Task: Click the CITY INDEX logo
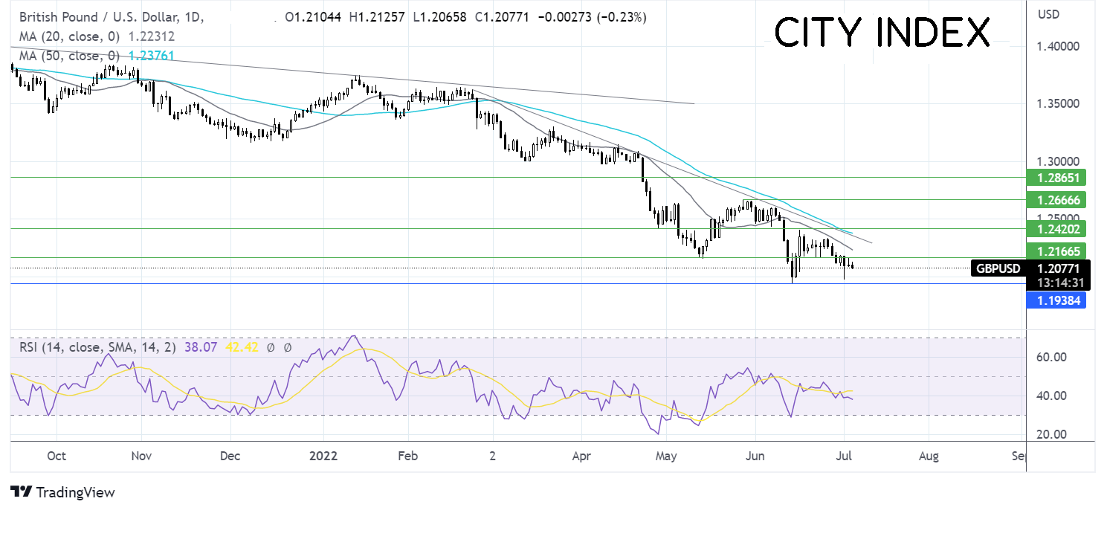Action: pyautogui.click(x=882, y=33)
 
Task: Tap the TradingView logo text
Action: pyautogui.click(x=62, y=492)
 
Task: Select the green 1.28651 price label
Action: pyautogui.click(x=1056, y=178)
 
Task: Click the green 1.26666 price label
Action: pyautogui.click(x=1056, y=200)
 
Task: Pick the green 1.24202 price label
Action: pyautogui.click(x=1056, y=229)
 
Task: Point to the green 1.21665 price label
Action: pyautogui.click(x=1056, y=251)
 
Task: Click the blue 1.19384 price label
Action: pyautogui.click(x=1056, y=300)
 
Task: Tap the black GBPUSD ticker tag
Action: pyautogui.click(x=998, y=268)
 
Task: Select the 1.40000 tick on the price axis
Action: pyautogui.click(x=1058, y=46)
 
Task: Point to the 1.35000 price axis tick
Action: pyautogui.click(x=1058, y=104)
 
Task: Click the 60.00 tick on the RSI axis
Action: pyautogui.click(x=1051, y=357)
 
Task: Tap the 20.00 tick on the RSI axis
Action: pyautogui.click(x=1051, y=435)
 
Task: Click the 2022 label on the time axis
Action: pyautogui.click(x=323, y=456)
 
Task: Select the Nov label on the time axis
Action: pyautogui.click(x=141, y=456)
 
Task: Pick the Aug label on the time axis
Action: pyautogui.click(x=929, y=456)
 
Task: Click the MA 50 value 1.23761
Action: pyautogui.click(x=151, y=56)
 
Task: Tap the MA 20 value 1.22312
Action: pyautogui.click(x=151, y=36)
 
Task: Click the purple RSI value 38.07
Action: pyautogui.click(x=201, y=347)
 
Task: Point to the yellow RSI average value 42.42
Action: pyautogui.click(x=242, y=347)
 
